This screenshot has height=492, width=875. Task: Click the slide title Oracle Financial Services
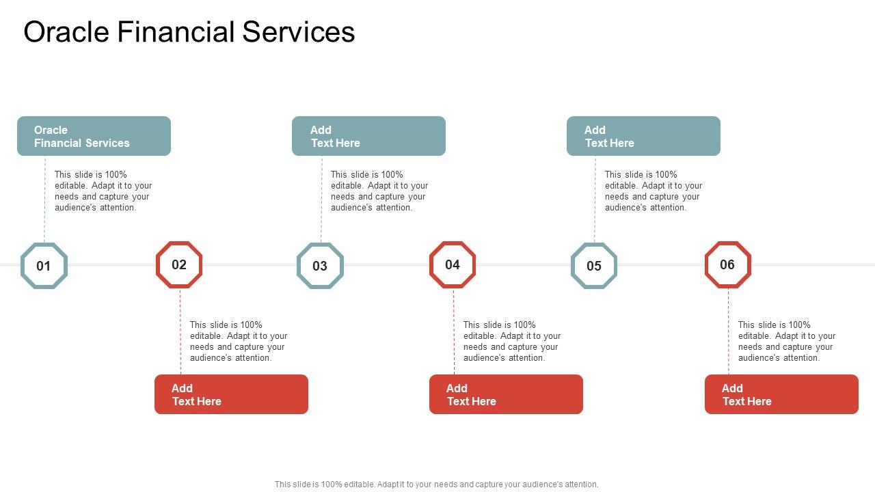189,32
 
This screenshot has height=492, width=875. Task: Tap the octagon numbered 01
44,266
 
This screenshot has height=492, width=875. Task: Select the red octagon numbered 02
179,264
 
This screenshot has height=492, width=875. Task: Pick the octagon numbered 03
320,266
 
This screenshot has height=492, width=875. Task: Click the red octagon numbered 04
453,264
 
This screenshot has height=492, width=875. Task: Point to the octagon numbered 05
594,266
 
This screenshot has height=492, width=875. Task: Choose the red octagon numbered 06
727,264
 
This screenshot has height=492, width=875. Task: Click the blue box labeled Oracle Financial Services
94,136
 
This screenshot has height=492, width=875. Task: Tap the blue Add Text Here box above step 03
368,136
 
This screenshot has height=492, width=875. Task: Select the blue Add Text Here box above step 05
643,136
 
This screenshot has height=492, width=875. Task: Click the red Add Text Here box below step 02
231,394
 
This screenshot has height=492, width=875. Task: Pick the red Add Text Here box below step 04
506,394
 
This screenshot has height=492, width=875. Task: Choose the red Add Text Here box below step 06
781,394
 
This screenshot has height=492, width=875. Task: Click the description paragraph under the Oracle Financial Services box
103,191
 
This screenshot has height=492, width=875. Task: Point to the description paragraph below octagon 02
239,342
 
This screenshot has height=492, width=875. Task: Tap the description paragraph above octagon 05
654,191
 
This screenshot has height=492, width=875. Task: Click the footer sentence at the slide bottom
436,484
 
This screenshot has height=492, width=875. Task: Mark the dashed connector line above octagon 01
45,198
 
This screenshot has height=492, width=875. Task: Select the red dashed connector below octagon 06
729,331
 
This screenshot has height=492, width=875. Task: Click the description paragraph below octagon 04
512,342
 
